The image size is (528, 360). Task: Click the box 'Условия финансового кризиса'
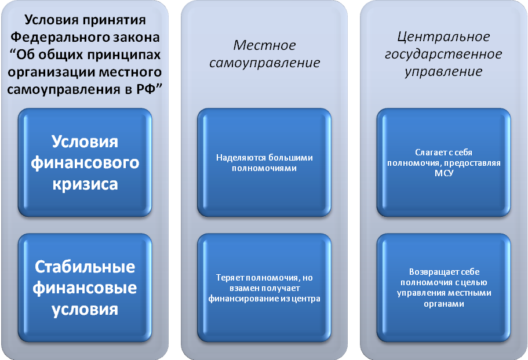point(85,163)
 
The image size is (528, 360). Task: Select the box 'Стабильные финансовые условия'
point(85,288)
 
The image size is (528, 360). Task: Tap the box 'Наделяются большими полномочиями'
point(264,163)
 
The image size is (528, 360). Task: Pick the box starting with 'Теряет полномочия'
point(264,288)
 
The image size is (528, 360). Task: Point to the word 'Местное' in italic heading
point(264,45)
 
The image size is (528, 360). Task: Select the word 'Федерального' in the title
point(64,38)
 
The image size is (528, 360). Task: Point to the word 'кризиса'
point(85,184)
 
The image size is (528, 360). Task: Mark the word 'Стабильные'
point(85,268)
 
